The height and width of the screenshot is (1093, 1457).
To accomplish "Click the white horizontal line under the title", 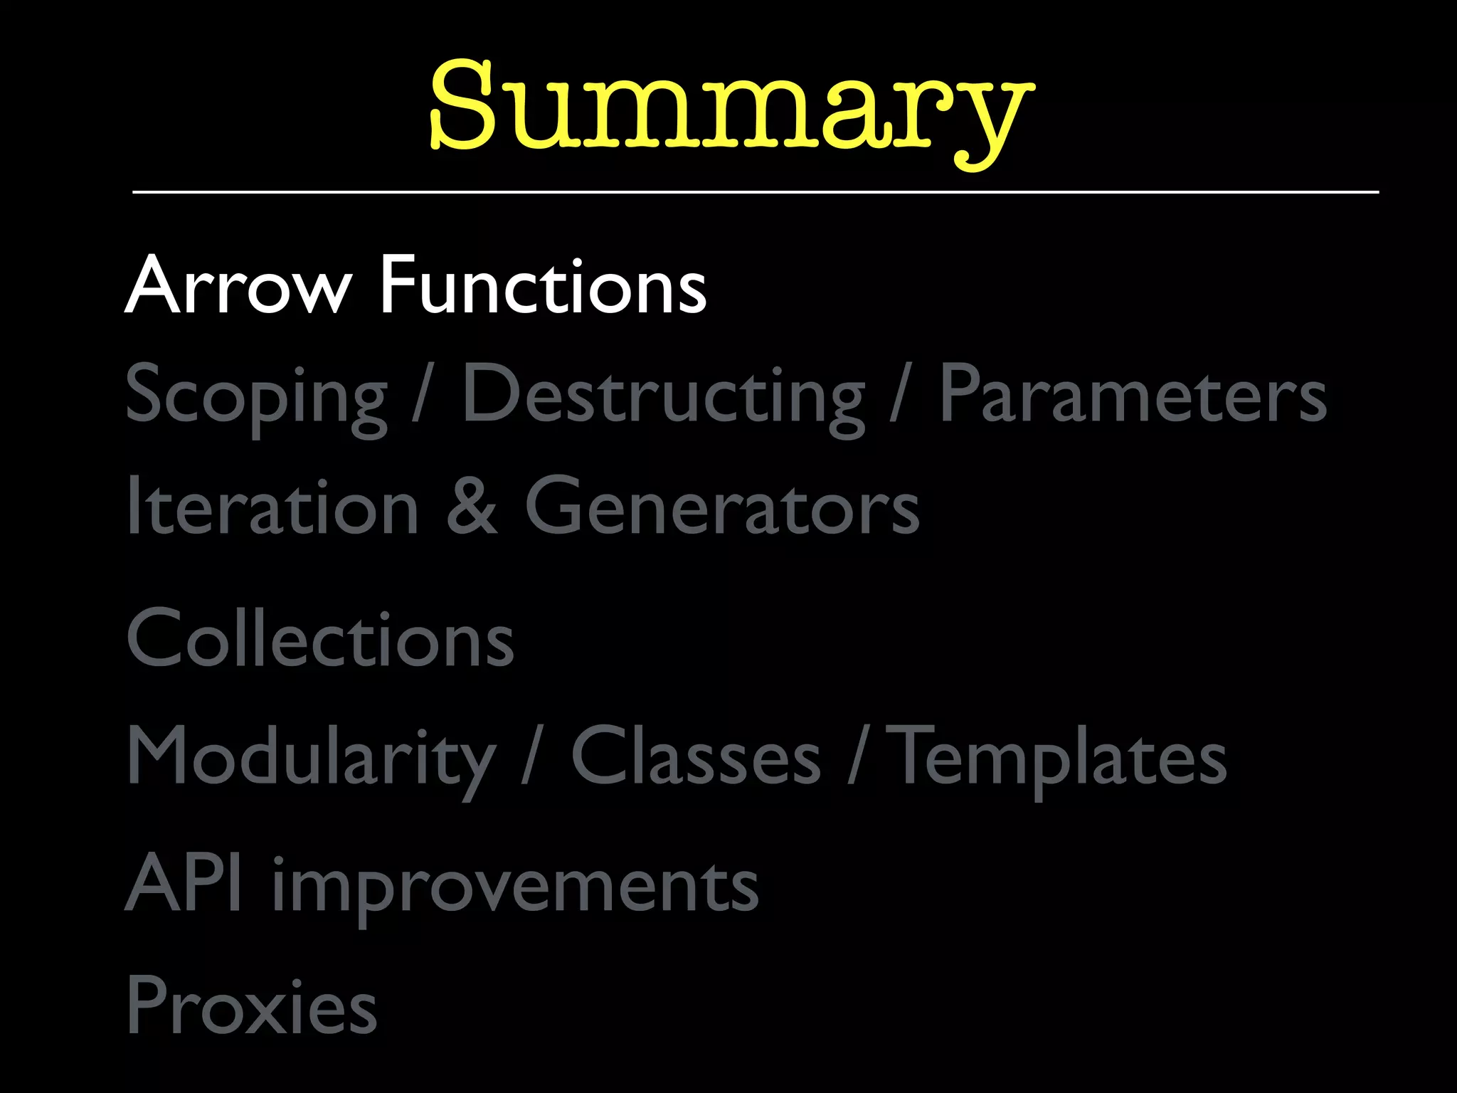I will pos(756,192).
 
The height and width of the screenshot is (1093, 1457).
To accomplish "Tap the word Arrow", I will pos(238,285).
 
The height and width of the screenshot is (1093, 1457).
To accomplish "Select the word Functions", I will pos(543,285).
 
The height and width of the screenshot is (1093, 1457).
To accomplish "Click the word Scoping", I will pos(257,396).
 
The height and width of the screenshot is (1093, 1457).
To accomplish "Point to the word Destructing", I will pos(663,396).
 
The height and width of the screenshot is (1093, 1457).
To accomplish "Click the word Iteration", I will pos(272,506).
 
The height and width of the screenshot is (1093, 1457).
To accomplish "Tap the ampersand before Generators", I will pos(472,506).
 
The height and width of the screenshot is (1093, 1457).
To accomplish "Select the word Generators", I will pos(722,506).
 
